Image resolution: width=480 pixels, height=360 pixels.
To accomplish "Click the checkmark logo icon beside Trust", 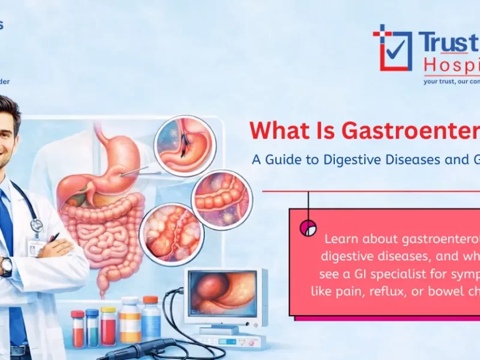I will (x=392, y=47).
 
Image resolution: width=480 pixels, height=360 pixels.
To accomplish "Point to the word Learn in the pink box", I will (x=343, y=238).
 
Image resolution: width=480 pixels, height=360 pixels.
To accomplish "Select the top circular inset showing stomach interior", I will (x=184, y=146).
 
